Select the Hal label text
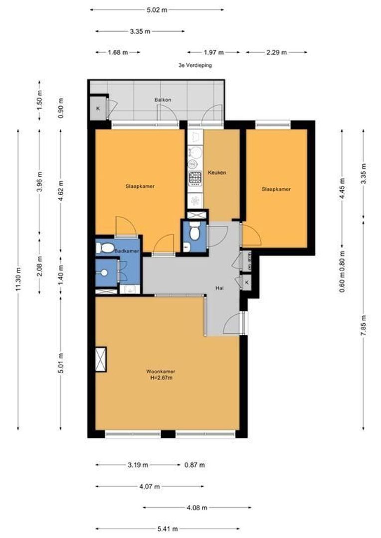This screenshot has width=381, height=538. coord(219,288)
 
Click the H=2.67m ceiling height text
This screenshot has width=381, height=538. coord(161,378)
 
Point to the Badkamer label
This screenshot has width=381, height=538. coord(126,251)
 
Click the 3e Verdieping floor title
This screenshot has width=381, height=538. coord(195,65)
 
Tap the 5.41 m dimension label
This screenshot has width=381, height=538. coord(168,529)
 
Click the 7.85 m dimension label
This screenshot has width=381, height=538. coord(364,327)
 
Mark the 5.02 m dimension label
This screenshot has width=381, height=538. coord(157,9)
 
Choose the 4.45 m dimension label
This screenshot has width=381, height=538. coord(342,188)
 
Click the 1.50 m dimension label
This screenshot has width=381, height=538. coord(40,101)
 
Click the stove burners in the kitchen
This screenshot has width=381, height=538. coord(194,177)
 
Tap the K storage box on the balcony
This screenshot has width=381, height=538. coord(98,109)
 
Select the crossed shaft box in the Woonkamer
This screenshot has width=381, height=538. coord(101,359)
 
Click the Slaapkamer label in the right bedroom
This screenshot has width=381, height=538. coord(276,189)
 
